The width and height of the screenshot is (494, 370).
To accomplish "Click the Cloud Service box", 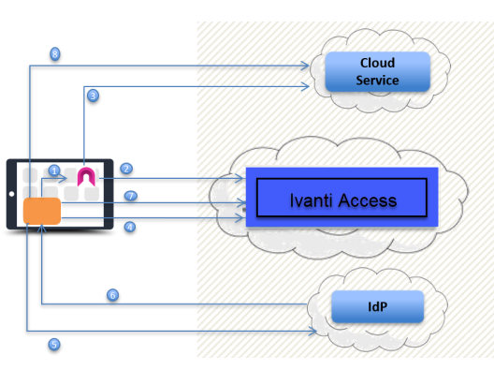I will pos(377,71).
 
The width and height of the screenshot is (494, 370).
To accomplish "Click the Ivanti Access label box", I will pos(341,200).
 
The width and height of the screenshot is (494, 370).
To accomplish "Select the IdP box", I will pos(377,306).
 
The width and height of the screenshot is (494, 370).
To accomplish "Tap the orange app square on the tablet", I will pos(42,211).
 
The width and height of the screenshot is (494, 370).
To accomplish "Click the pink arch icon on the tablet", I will pos(87,175).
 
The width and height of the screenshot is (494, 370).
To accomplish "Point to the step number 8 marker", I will pos(55,54).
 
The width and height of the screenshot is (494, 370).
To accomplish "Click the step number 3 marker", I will pos(93,96).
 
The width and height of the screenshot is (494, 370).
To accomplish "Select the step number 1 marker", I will pos(54,170).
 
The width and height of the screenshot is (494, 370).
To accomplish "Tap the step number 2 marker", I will pos(126,169).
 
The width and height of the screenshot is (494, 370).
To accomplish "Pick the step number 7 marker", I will pos(131,196).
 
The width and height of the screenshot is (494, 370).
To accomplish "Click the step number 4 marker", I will pos(130,226).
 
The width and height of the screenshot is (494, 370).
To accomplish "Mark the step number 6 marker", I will pos(113,295).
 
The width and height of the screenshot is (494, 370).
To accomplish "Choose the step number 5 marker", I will pos(53,344).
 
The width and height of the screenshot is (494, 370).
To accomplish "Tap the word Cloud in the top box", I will pos(377,63).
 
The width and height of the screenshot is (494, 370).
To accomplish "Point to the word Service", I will pos(377,80).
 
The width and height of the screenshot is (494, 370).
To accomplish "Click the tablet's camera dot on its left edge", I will pos(10,194).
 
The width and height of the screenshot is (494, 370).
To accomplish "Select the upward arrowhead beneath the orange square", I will pos(42,229).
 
